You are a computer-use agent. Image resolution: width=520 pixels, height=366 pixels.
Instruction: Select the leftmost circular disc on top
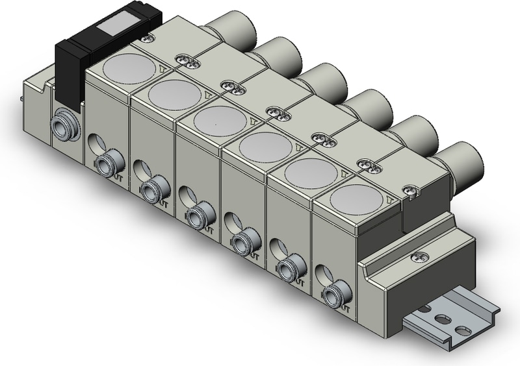click(x=125, y=67)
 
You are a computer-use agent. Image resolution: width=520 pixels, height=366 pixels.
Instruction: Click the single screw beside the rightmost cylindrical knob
click(x=410, y=190)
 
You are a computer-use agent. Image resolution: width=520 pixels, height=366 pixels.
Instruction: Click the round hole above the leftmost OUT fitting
click(x=95, y=142)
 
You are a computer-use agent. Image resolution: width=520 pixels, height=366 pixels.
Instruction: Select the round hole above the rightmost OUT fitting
click(x=320, y=271)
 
